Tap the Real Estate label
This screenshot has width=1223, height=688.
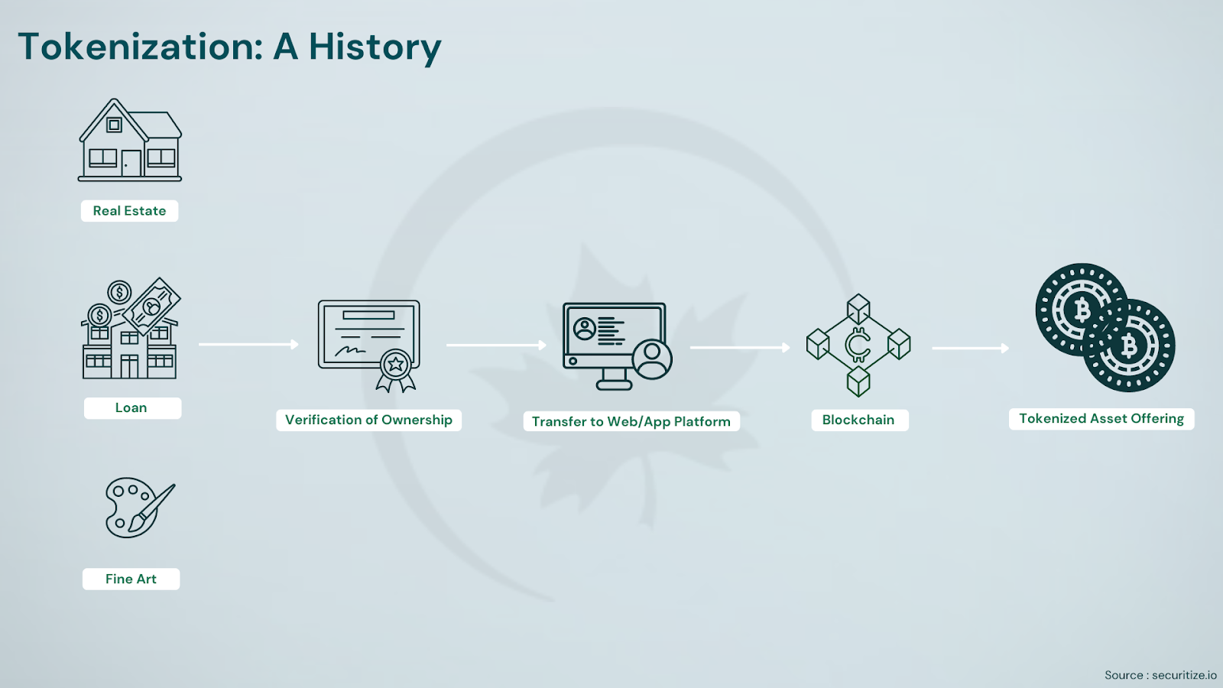[x=129, y=211]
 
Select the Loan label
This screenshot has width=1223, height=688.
[x=132, y=408]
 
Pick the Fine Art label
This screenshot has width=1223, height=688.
[x=131, y=579]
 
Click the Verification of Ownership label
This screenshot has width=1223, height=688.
[x=368, y=420]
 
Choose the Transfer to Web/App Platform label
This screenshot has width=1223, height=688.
[x=631, y=421]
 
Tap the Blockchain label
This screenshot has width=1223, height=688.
[x=859, y=420]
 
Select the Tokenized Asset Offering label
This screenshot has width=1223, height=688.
[x=1101, y=419]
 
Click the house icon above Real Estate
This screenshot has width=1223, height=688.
[x=129, y=140]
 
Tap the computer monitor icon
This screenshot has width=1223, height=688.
[x=615, y=346]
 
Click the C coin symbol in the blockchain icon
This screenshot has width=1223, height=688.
[x=858, y=345]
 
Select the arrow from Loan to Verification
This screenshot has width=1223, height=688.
[x=248, y=344]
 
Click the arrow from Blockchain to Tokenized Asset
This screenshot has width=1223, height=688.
[x=970, y=348]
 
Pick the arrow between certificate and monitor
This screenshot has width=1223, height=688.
[x=496, y=345]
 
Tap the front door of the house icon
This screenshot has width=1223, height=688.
[x=131, y=164]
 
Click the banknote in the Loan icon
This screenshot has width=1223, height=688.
[x=152, y=307]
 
